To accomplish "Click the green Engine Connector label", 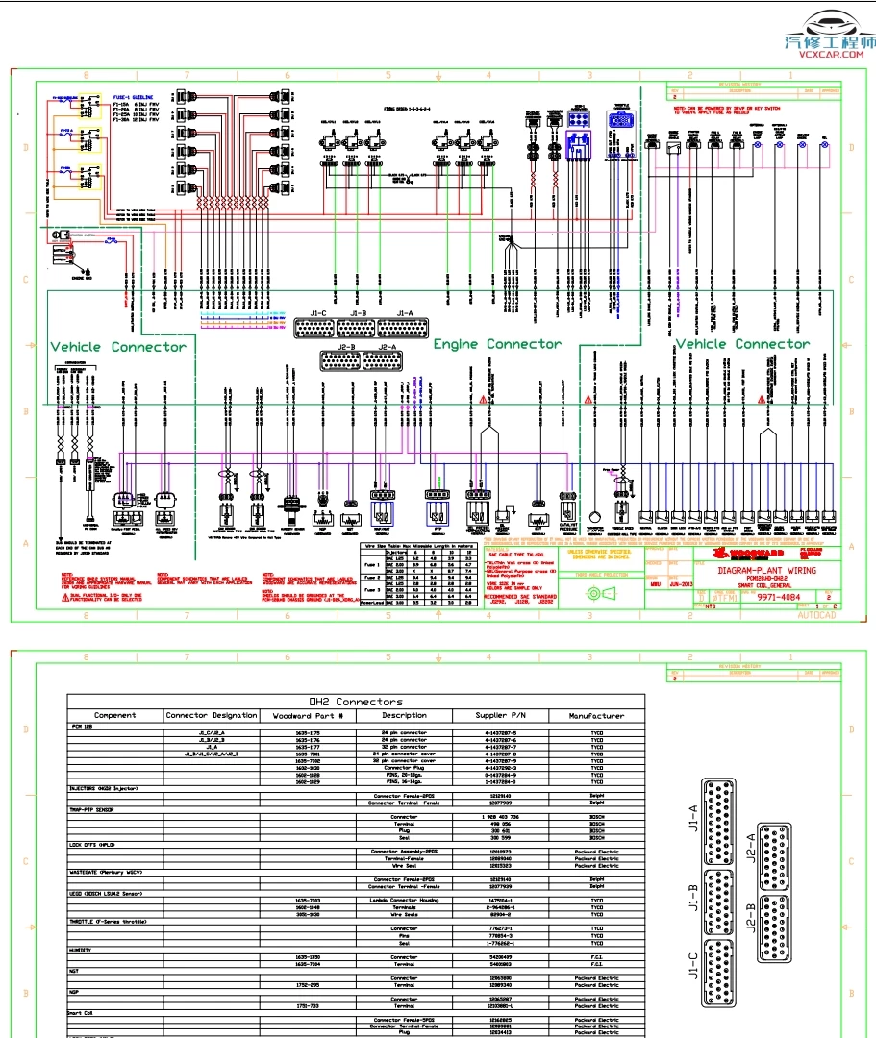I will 496,344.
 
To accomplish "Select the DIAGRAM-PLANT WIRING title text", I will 766,570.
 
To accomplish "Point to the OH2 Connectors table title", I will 354,702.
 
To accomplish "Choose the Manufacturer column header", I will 596,715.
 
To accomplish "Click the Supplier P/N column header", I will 500,715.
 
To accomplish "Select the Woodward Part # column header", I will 308,715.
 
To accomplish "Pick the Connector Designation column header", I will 212,715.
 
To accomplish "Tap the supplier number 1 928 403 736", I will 499,817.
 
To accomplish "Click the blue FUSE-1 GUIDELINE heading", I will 136,98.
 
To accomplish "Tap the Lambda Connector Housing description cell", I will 404,899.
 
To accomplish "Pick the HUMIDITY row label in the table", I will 81,951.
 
